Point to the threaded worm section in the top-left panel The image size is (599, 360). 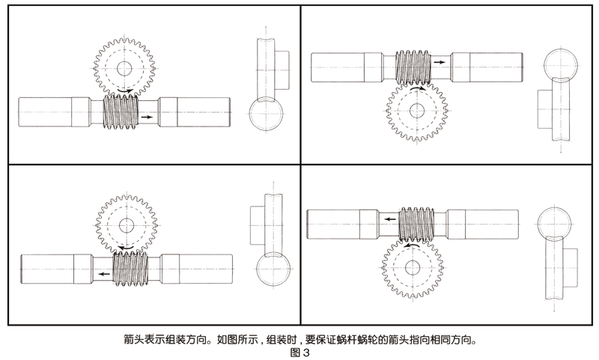(121, 112)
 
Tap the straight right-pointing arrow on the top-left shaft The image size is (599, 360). (148, 118)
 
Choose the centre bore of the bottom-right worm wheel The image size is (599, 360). (412, 266)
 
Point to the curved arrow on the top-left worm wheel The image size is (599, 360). (125, 92)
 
